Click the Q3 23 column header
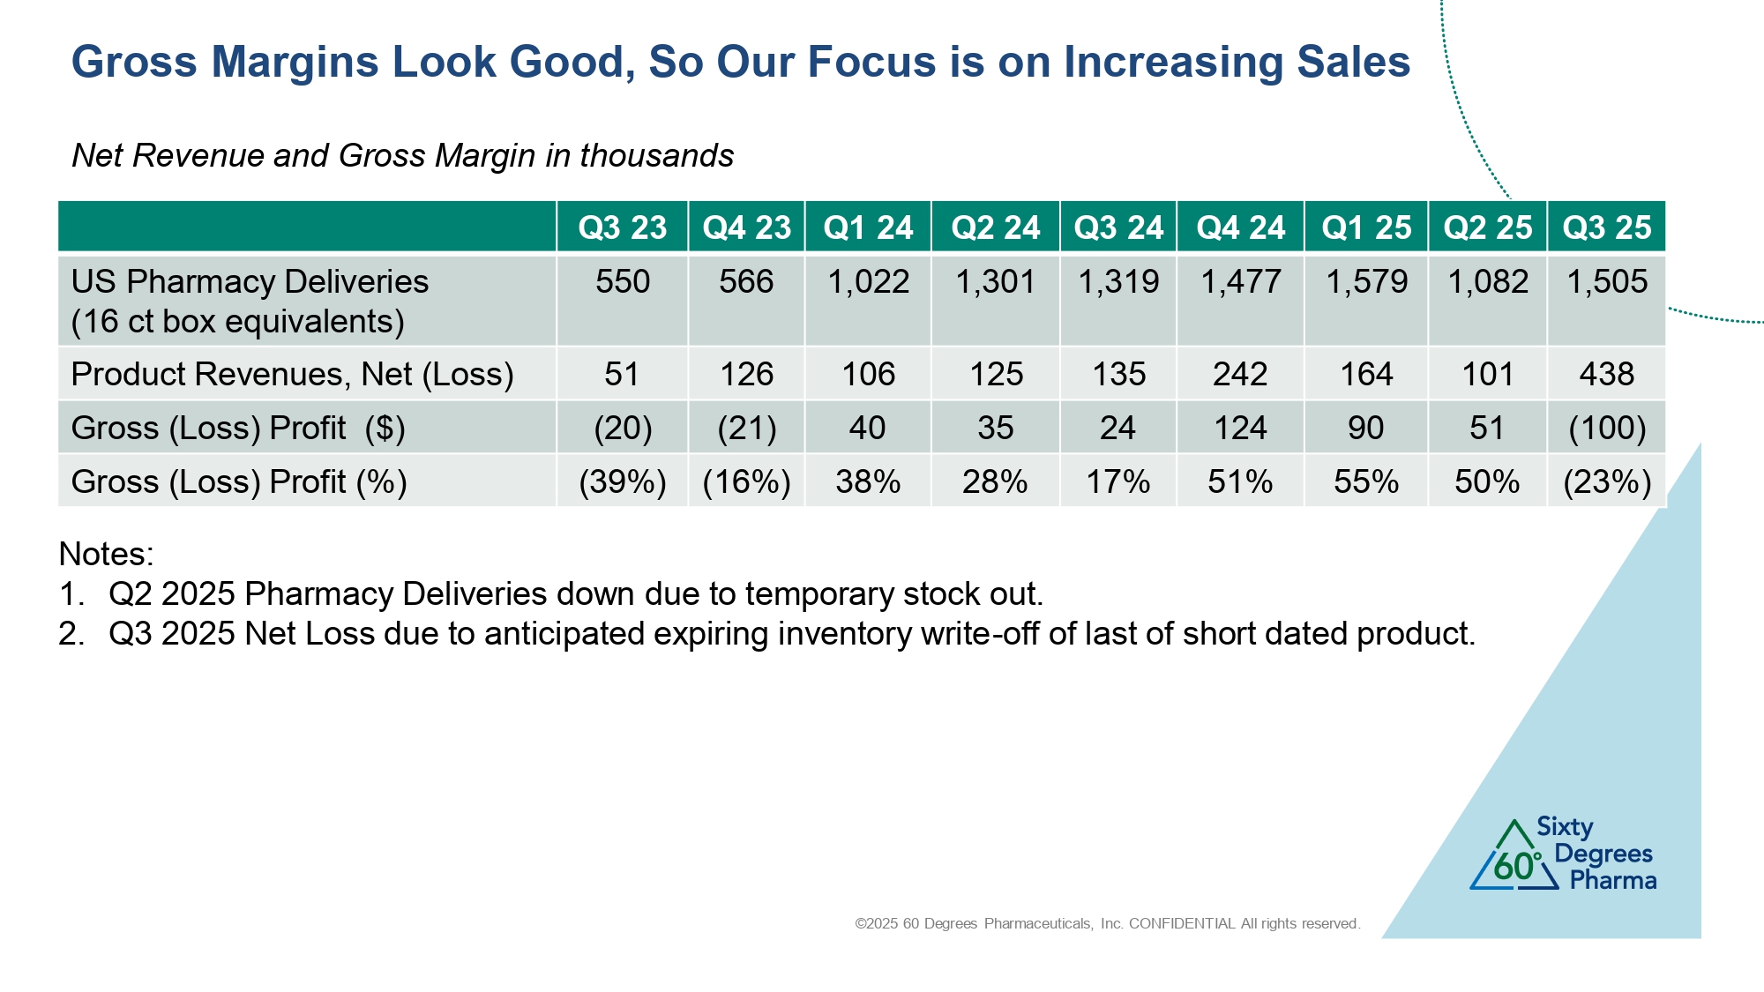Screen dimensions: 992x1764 [x=622, y=227]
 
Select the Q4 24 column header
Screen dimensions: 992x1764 [x=1240, y=227]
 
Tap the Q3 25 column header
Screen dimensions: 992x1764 [x=1606, y=227]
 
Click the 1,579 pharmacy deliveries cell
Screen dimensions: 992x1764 [x=1366, y=282]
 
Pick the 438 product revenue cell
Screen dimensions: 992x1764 [x=1606, y=374]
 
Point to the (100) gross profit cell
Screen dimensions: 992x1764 [x=1606, y=428]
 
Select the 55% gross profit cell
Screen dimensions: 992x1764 [x=1366, y=481]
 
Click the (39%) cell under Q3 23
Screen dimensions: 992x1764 [x=622, y=481]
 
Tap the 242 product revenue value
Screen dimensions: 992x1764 [x=1240, y=374]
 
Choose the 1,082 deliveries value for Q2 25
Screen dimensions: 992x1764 [x=1488, y=282]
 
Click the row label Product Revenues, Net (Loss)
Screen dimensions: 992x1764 [x=292, y=374]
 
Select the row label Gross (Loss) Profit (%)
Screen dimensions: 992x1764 [x=238, y=481]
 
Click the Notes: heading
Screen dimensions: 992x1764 [x=106, y=554]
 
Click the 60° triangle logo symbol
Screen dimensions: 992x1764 [x=1514, y=857]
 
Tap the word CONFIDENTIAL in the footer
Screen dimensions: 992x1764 [x=1182, y=923]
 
